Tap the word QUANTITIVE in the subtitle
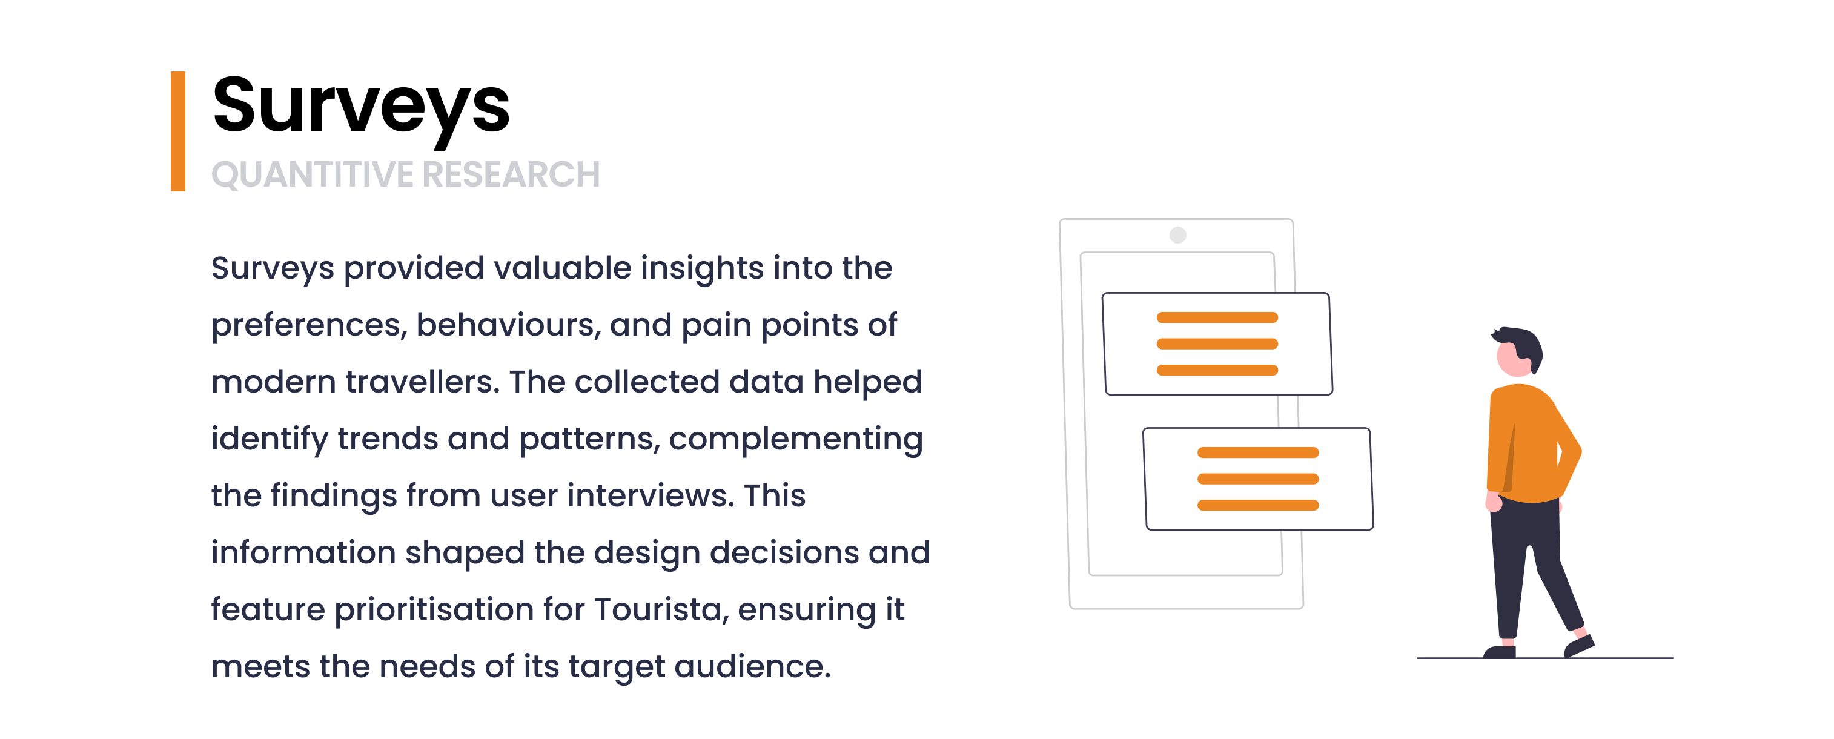312,174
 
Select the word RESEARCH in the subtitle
511,174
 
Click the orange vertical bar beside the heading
178,131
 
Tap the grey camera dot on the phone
1178,235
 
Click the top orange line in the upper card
1217,317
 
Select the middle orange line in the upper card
1217,344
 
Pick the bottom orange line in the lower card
1258,505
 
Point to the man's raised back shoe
1579,645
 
